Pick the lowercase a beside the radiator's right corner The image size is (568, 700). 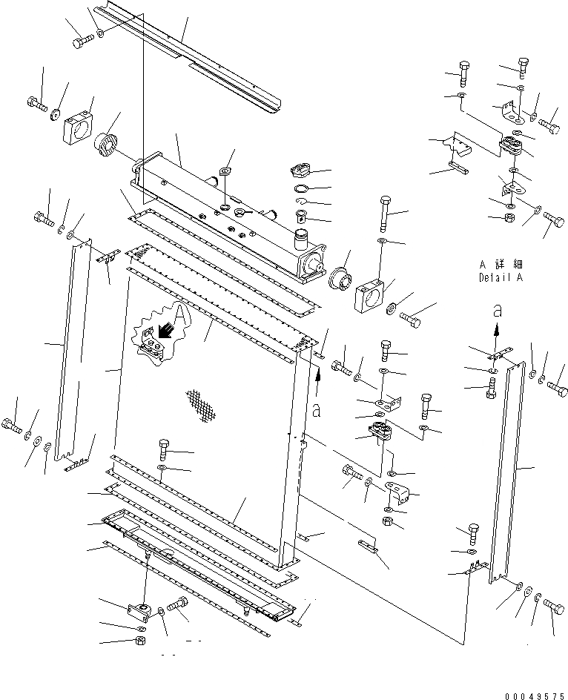[317, 409]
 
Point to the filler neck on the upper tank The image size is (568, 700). [300, 239]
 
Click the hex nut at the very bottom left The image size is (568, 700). [140, 641]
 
